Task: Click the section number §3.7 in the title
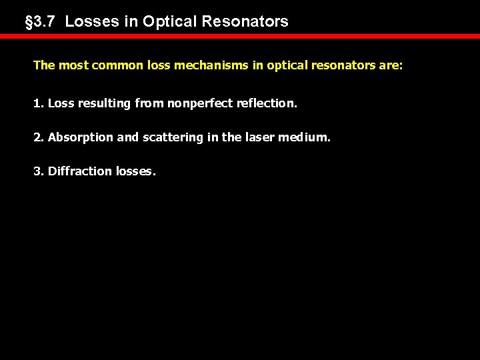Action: pos(41,21)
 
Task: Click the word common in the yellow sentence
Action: pos(107,66)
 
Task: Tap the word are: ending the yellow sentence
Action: pos(390,66)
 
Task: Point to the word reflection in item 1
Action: pos(267,104)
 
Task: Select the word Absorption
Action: pos(73,137)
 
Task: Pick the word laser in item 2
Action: pos(256,137)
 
